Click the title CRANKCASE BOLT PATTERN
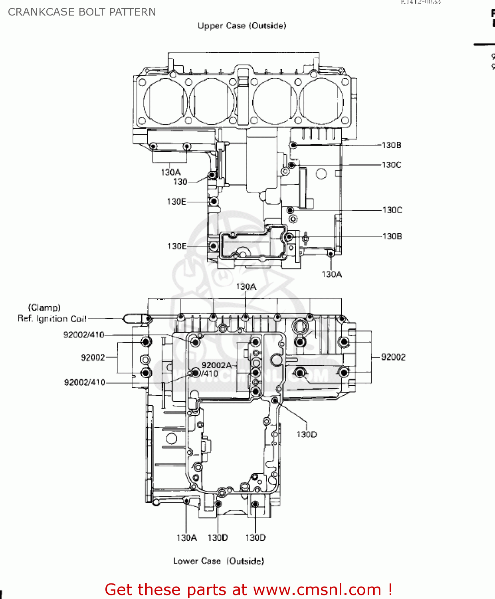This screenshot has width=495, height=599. click(82, 12)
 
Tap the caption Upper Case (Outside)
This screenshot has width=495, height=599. click(242, 26)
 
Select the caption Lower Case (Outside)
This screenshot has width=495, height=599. click(218, 561)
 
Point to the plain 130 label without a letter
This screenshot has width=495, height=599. click(180, 182)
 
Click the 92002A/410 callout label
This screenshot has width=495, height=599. click(216, 369)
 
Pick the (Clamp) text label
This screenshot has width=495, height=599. click(44, 307)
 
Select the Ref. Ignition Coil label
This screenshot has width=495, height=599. click(52, 319)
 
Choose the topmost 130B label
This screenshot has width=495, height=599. click(391, 145)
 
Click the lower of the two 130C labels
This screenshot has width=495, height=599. click(392, 210)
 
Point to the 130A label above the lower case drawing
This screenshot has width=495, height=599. click(246, 287)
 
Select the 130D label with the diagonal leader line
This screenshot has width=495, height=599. click(307, 434)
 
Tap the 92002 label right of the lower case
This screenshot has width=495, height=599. click(393, 357)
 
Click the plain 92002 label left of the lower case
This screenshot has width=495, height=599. click(93, 357)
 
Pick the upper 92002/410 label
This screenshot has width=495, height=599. click(84, 335)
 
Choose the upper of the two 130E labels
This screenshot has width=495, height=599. click(176, 202)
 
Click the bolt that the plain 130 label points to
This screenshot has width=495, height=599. click(212, 175)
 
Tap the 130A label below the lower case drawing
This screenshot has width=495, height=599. click(186, 538)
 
